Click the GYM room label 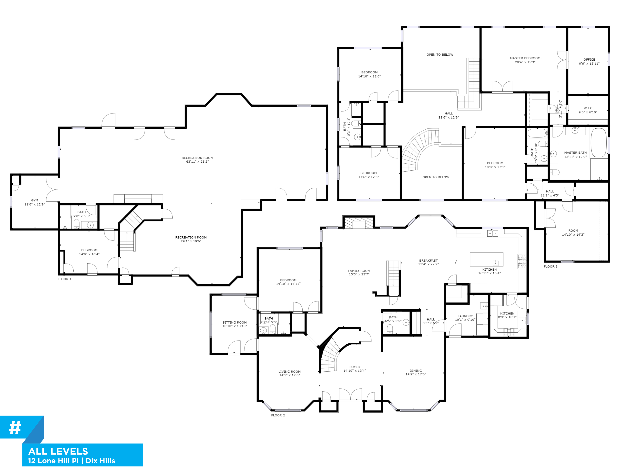tap(35, 200)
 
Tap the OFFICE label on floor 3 tap(589, 60)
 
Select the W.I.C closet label tap(588, 108)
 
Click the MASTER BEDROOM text tap(525, 58)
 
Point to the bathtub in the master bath tap(598, 143)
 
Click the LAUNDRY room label tap(465, 316)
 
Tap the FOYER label tap(354, 367)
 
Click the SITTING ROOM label tap(234, 323)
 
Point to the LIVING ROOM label tap(289, 372)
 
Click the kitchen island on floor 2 tap(486, 259)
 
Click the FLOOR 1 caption tap(64, 279)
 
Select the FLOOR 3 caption tap(550, 266)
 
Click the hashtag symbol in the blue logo tap(15, 428)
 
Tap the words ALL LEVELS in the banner tap(58, 451)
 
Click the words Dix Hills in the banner tap(100, 461)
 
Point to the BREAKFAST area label tap(428, 260)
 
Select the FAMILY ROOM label tap(359, 271)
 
